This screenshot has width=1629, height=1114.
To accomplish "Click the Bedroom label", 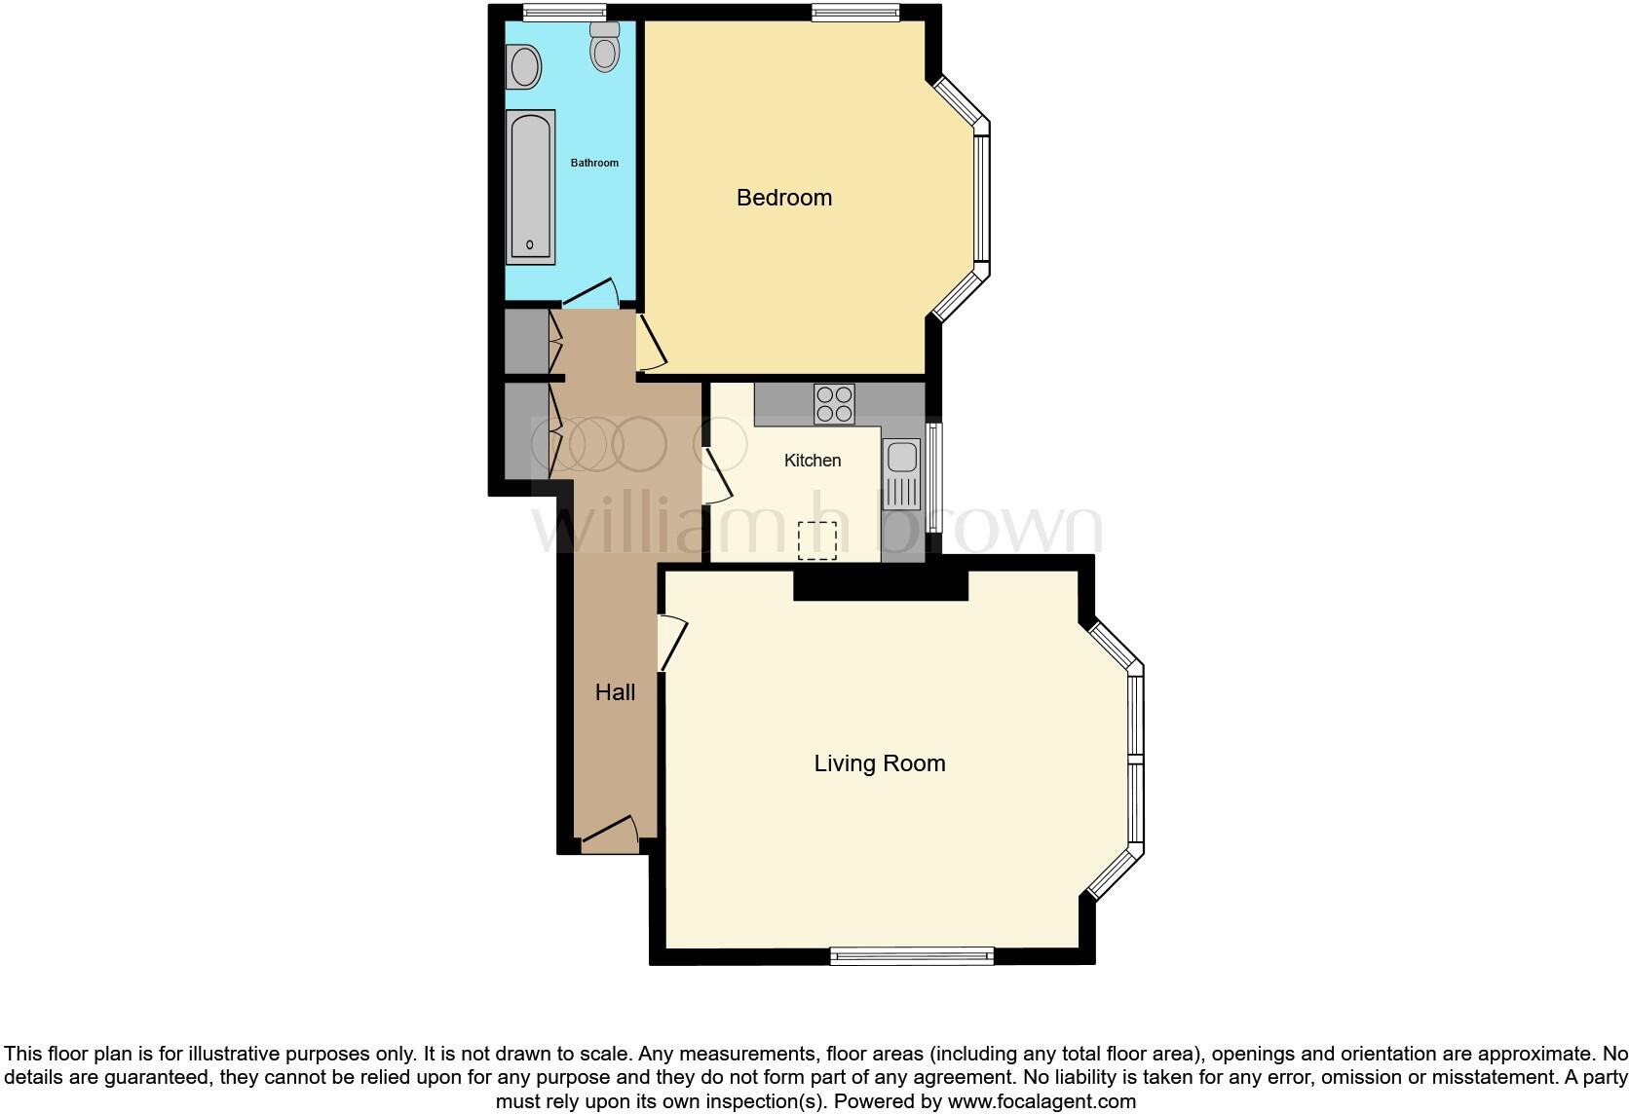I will pos(783,198).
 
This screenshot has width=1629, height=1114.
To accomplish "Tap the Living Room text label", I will pos(879,763).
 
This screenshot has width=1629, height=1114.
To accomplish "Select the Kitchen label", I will pos(812,461).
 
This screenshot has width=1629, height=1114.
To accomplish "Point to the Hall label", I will pos(615,692).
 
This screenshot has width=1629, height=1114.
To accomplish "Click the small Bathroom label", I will pos(594,163).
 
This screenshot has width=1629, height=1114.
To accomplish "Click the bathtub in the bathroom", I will pos(530,186).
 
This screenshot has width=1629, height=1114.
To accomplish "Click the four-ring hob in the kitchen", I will pos(834,404).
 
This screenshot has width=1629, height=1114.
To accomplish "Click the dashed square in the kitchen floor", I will pos(817,540).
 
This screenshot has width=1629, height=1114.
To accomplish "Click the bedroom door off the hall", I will pos(651,342).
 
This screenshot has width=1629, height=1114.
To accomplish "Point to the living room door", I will pos(673,644).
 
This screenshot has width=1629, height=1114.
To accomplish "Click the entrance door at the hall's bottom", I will pos(610,831).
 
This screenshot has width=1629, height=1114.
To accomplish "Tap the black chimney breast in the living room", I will pos(880,584).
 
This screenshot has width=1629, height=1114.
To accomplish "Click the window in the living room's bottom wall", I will pos(911,956).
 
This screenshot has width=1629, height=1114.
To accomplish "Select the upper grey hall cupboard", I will pos(526,341).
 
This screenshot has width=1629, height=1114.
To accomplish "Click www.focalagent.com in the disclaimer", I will pos(1042,1102).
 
